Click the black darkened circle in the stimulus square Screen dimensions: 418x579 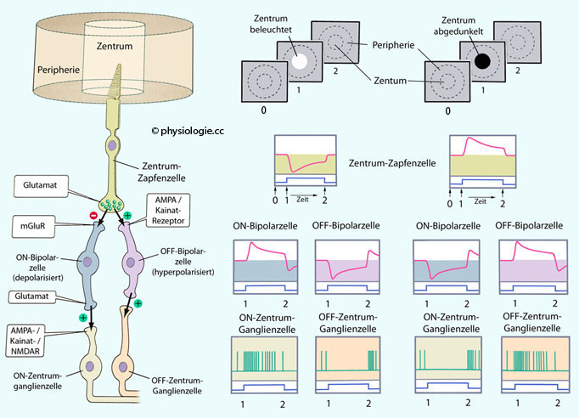click(x=483, y=61)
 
